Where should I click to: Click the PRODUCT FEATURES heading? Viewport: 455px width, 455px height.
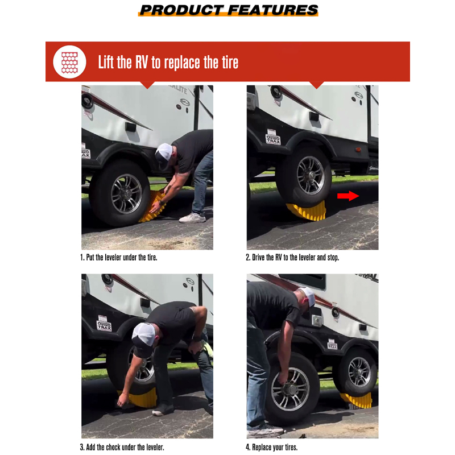(x=228, y=10)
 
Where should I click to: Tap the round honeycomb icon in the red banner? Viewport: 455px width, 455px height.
(x=69, y=61)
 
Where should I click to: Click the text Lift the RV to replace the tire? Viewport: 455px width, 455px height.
(x=168, y=62)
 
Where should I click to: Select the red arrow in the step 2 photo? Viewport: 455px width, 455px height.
(x=348, y=196)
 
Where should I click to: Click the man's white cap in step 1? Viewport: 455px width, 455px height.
(x=164, y=152)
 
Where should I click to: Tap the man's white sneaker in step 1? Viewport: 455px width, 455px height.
(x=192, y=217)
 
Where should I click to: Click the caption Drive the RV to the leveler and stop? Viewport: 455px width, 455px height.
(x=292, y=258)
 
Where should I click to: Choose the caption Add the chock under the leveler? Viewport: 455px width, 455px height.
(x=122, y=448)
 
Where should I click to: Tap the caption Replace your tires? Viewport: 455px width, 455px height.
(x=271, y=448)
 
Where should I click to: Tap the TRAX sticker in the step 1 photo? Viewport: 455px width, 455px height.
(x=85, y=152)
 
